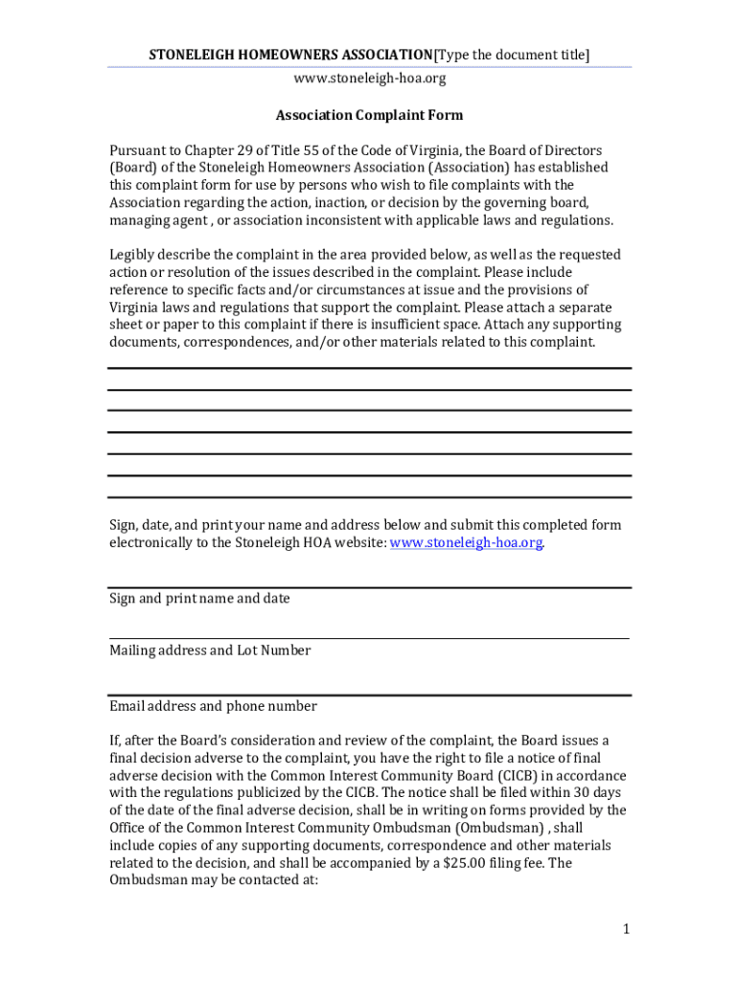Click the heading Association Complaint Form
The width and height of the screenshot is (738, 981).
point(369,116)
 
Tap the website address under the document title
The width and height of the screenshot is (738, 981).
point(369,79)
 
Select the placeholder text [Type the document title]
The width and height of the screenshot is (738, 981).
point(513,56)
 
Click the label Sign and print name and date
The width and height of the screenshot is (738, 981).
point(199,599)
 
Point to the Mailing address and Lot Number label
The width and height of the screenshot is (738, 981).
point(210,650)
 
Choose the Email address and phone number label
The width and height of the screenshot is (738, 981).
point(213,706)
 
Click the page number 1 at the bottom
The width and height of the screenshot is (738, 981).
point(625,928)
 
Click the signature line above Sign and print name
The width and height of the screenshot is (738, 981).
point(369,587)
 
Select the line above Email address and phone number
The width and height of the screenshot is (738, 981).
point(369,695)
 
